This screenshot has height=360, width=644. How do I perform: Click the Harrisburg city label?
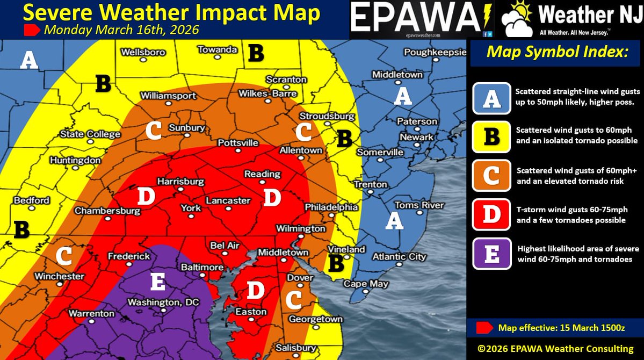coord(180,182)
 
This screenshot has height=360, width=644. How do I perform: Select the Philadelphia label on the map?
coord(331,207)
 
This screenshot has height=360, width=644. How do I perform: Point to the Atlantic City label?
coord(399,256)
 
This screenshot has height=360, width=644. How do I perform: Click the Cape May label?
coord(363,284)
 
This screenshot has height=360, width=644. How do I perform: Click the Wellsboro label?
coord(143,53)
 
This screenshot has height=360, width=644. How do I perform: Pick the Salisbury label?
coord(295,348)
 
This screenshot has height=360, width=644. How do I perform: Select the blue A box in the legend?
coord(491,98)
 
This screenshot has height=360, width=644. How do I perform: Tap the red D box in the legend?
coord(491,214)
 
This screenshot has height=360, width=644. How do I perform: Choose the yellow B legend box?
coord(491,136)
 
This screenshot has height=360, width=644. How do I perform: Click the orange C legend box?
coord(491,175)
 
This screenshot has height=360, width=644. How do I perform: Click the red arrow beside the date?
coord(32,30)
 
